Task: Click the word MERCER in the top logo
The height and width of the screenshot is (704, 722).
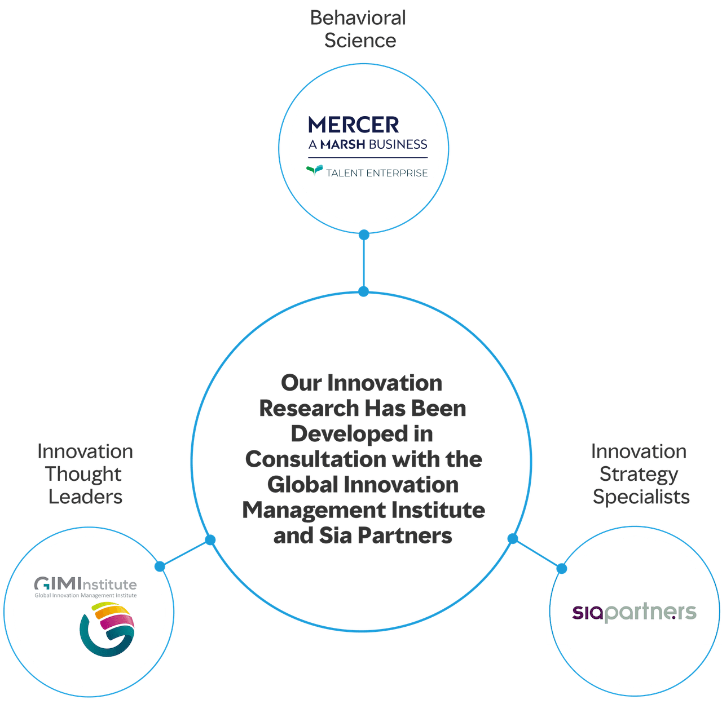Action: (x=354, y=125)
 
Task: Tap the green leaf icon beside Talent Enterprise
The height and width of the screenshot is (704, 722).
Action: (x=314, y=170)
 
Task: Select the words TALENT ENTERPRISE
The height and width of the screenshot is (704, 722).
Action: (x=377, y=173)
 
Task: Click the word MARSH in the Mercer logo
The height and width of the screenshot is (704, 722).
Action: (x=342, y=144)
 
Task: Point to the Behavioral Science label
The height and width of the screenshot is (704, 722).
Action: (x=359, y=29)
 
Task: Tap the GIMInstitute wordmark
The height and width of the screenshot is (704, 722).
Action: (x=86, y=584)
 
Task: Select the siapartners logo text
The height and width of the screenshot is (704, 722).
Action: (x=634, y=612)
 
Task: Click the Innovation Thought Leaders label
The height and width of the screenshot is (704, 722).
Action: (x=85, y=474)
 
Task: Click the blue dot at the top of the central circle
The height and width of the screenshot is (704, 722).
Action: (x=364, y=291)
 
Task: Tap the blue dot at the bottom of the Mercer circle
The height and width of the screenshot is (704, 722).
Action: (x=364, y=234)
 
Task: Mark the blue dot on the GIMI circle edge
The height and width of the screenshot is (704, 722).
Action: (x=160, y=566)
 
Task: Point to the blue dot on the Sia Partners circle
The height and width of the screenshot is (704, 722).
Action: (x=561, y=568)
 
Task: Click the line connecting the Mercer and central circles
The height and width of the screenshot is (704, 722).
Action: (x=364, y=263)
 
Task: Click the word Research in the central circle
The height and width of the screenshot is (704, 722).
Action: (x=309, y=409)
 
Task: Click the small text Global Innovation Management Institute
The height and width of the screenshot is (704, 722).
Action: (x=86, y=595)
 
